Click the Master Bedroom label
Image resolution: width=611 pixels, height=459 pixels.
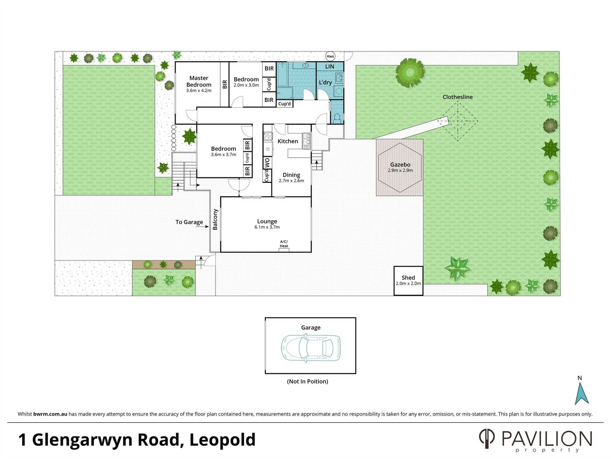(x=199, y=81)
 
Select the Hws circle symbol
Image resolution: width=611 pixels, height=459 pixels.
(x=330, y=56)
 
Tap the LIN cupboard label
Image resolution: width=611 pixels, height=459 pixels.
(x=330, y=67)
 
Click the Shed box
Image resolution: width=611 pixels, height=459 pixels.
(x=408, y=280)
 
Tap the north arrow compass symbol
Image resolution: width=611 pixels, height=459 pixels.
(x=581, y=393)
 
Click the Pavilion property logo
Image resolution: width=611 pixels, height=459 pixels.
(x=535, y=440)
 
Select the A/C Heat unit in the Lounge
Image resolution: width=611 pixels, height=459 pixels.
(x=284, y=249)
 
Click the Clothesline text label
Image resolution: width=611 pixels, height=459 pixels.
(x=457, y=97)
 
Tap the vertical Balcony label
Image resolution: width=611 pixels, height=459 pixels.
(x=215, y=219)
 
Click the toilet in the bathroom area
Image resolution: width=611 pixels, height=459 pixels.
(x=338, y=118)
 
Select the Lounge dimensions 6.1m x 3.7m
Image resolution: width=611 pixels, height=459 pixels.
(x=267, y=227)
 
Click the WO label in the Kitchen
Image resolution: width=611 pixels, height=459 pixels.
(x=267, y=163)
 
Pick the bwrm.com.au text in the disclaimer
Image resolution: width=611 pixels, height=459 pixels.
(x=50, y=414)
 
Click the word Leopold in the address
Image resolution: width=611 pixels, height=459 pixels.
(x=222, y=440)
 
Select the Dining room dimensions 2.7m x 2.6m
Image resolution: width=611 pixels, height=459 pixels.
(x=291, y=181)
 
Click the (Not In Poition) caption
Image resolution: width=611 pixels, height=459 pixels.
(x=308, y=381)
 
